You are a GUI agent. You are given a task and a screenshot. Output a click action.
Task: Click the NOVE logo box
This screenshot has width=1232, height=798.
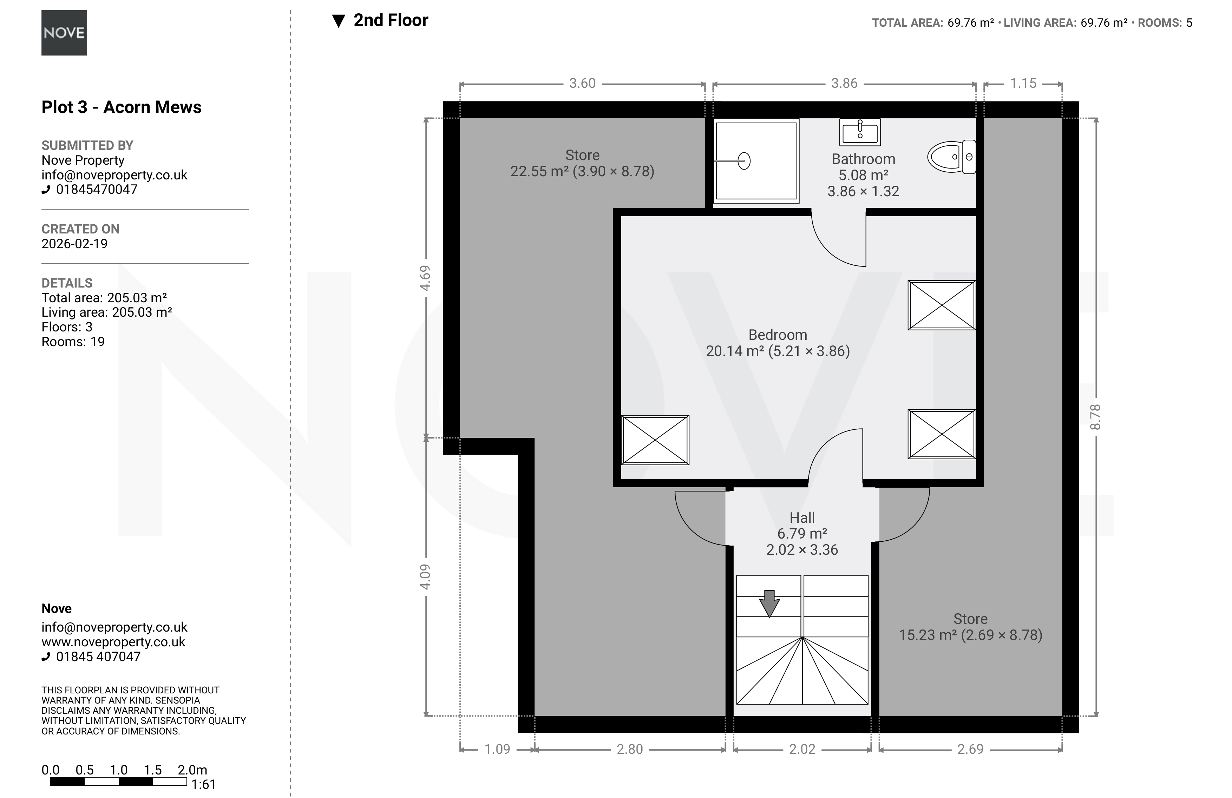(x=64, y=33)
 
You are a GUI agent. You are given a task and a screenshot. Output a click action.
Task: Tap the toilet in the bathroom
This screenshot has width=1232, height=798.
(x=951, y=157)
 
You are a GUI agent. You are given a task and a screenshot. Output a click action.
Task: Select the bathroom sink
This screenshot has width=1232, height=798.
(x=860, y=132)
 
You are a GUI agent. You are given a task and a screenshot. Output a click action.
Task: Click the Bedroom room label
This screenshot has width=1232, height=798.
(x=778, y=335)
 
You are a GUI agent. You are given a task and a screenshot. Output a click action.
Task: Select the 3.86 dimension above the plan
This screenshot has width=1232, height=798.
(x=844, y=83)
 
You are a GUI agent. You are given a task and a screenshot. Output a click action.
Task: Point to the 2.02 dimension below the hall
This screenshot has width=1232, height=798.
(x=802, y=749)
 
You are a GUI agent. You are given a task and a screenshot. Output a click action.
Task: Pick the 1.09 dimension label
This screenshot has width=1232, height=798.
(x=497, y=749)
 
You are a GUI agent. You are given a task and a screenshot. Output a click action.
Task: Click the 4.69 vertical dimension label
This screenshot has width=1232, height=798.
(x=425, y=278)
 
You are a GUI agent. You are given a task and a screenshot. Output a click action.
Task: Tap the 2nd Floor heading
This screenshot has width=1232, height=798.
(x=391, y=20)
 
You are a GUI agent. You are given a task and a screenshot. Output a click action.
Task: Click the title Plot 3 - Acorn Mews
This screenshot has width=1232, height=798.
(x=122, y=107)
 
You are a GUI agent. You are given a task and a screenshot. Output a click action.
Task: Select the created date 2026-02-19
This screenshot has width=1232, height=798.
(x=74, y=244)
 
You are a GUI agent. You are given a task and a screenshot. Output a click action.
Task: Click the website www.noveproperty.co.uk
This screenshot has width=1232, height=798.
(x=113, y=642)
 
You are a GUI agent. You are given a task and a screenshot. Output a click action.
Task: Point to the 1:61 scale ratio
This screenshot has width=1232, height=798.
(x=203, y=785)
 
